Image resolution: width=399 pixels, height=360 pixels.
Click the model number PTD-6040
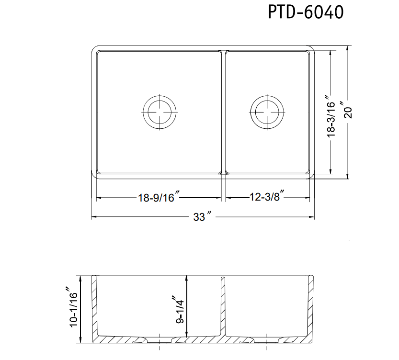pyautogui.click(x=305, y=12)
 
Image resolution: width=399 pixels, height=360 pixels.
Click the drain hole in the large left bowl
pyautogui.click(x=160, y=113)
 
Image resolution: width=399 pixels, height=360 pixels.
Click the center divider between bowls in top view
pyautogui.click(x=223, y=112)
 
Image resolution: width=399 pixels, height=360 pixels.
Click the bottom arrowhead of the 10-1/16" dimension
pyautogui.click(x=81, y=341)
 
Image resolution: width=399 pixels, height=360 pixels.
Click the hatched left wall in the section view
pyautogui.click(x=95, y=306)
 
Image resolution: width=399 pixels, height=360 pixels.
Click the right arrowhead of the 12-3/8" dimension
pyautogui.click(x=307, y=197)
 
